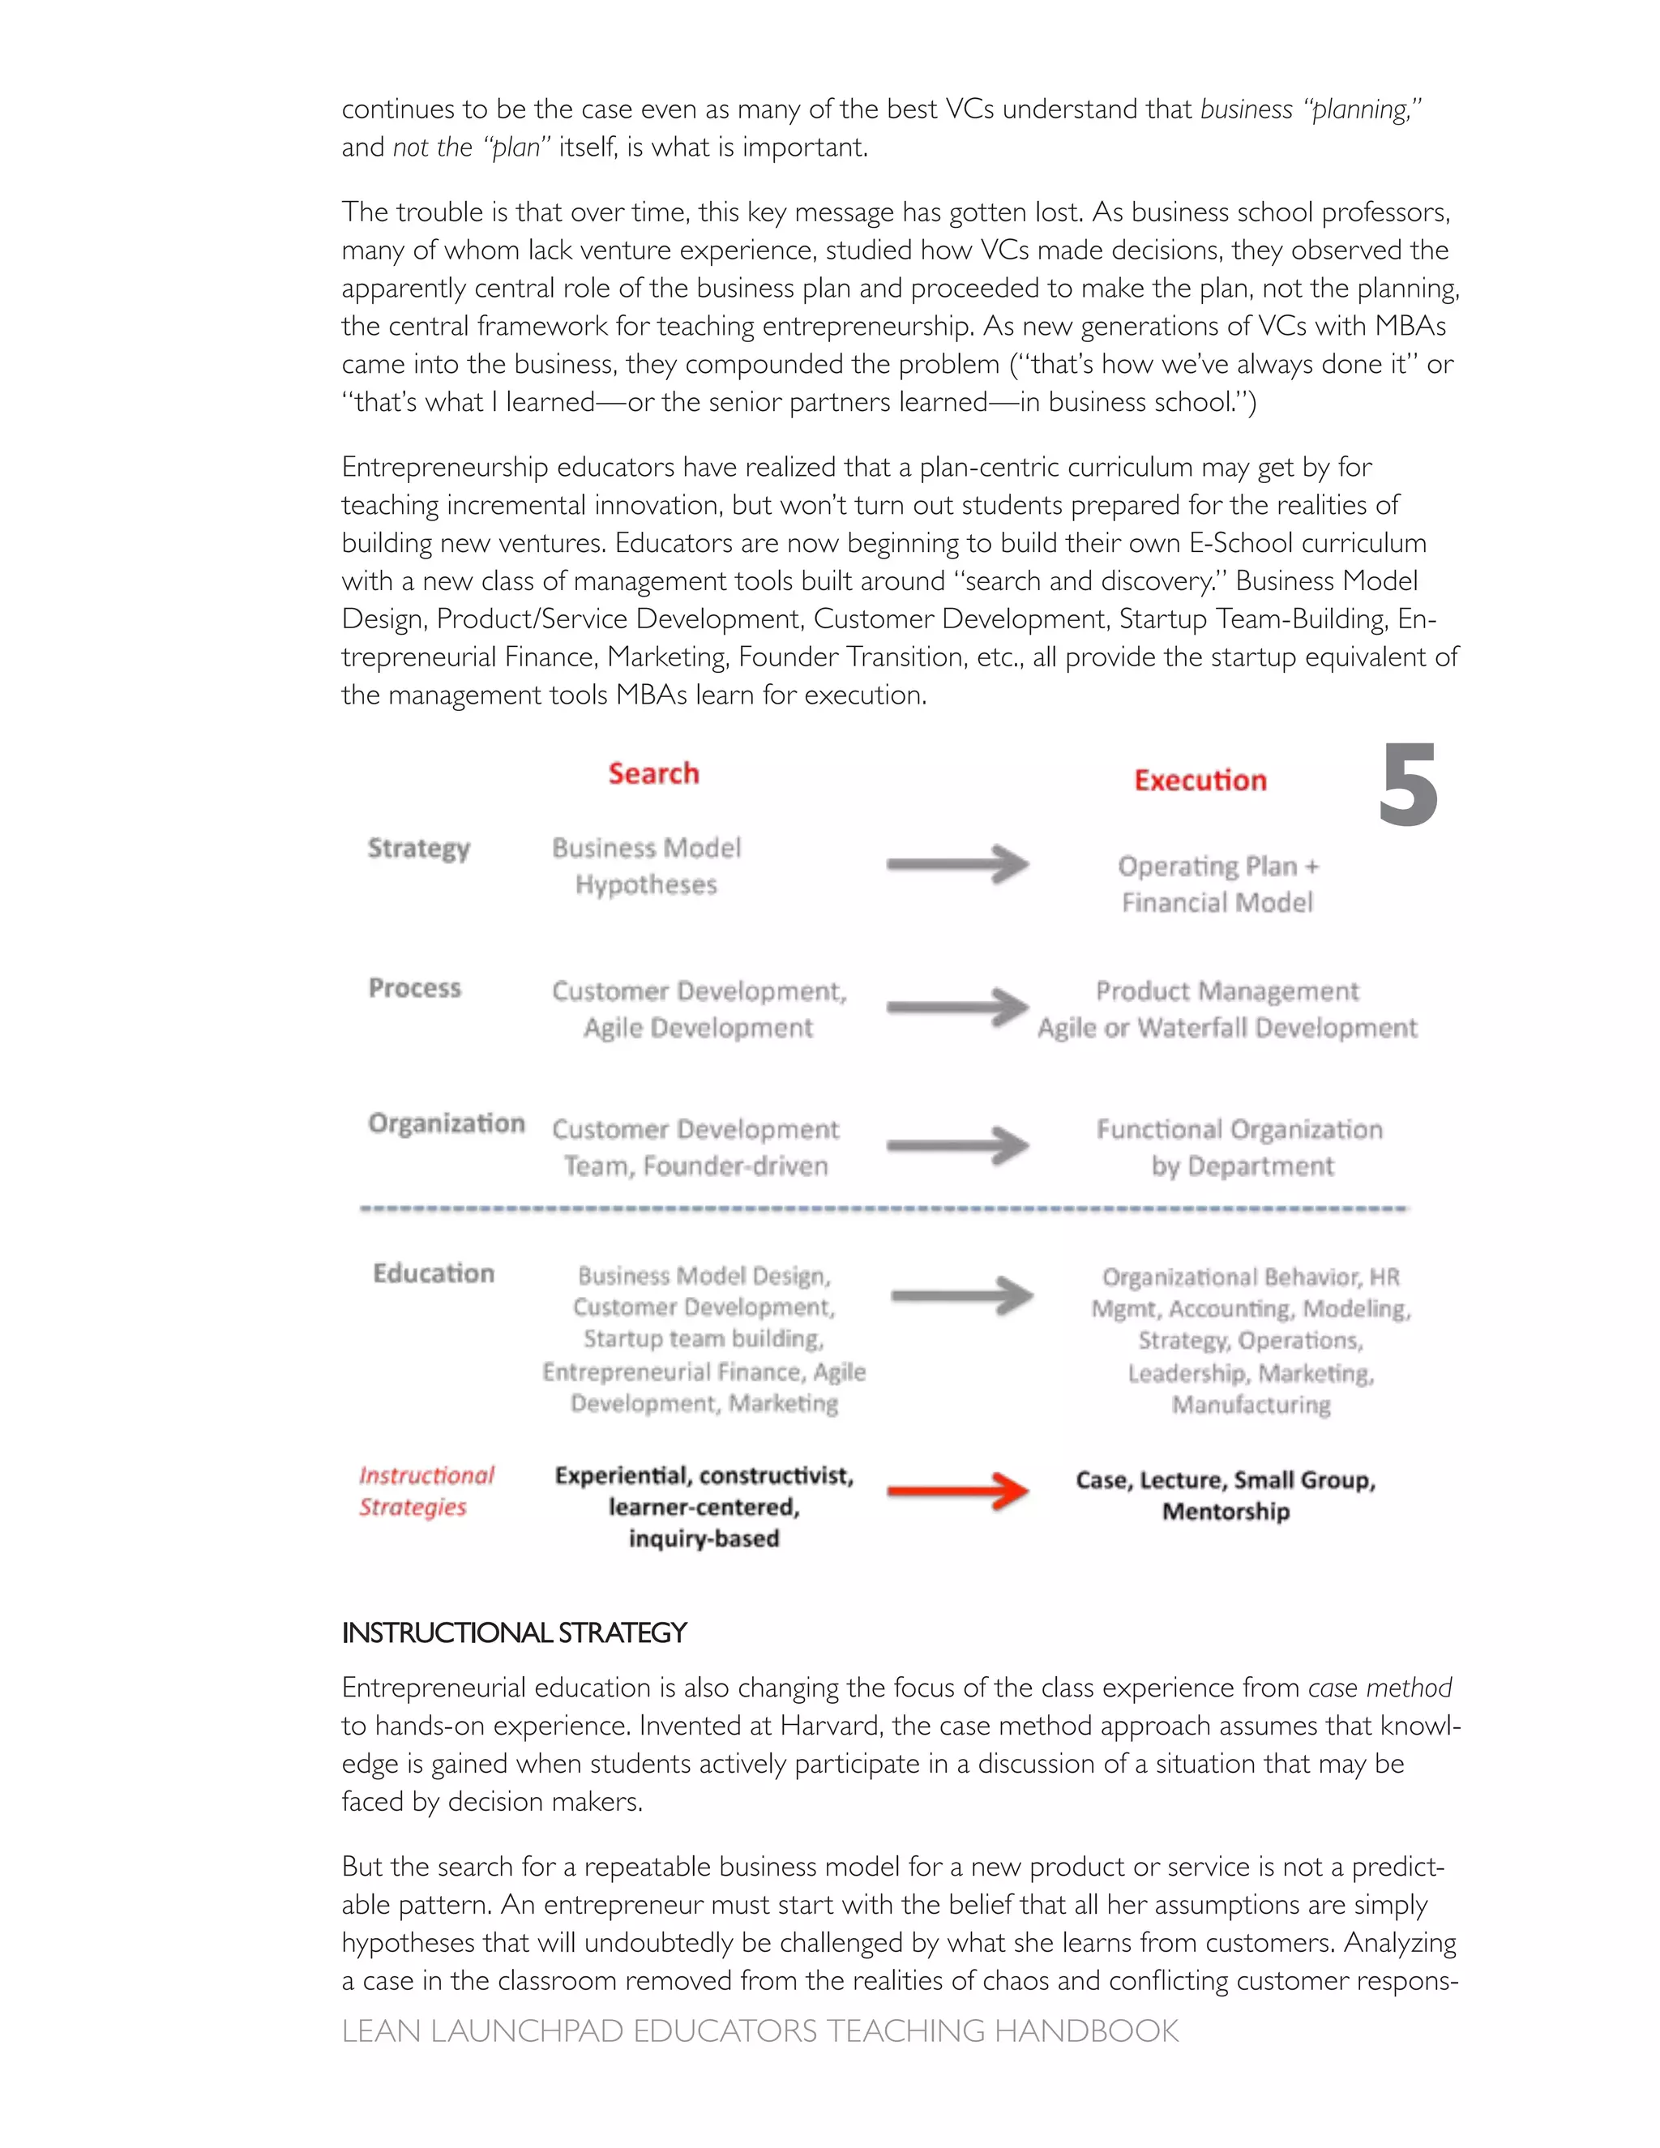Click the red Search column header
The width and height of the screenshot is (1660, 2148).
[653, 773]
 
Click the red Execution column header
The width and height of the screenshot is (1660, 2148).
[1200, 780]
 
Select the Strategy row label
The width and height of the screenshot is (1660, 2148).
[419, 848]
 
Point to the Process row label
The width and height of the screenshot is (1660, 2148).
[414, 987]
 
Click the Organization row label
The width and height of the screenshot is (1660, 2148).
[447, 1123]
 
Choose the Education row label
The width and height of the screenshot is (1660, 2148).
[433, 1273]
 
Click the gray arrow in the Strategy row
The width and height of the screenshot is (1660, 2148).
[957, 865]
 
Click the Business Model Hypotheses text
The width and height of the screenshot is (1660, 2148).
[646, 866]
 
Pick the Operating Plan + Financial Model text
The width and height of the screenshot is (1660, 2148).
[1217, 884]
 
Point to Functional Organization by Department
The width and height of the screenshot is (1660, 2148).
[1240, 1147]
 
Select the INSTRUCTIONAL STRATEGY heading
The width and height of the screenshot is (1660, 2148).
[513, 1632]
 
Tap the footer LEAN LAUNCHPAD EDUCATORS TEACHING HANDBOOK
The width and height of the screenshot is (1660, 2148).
[759, 2031]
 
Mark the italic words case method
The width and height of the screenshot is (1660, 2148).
[1379, 1688]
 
